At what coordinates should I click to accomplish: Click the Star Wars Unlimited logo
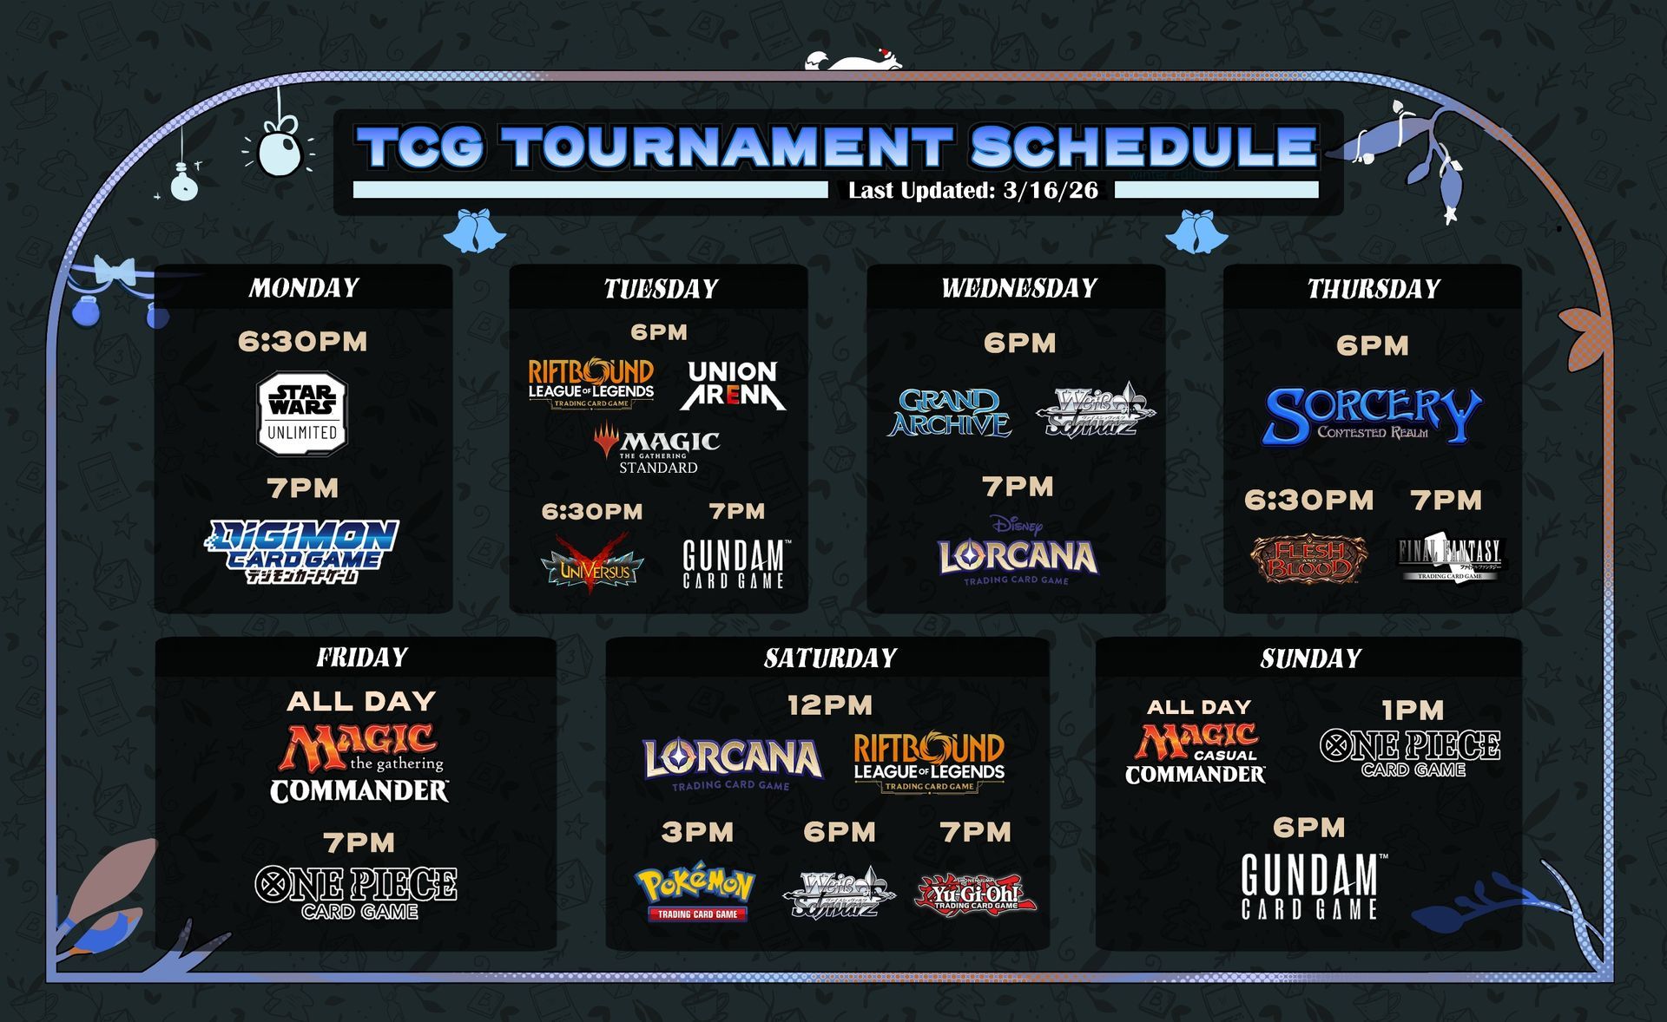tap(302, 415)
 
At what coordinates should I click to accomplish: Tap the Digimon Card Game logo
tap(302, 550)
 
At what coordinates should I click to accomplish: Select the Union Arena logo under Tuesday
tap(732, 384)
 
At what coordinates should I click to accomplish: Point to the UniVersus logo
tap(593, 564)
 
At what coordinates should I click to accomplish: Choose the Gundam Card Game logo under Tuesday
tap(735, 564)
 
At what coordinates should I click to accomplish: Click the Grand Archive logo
tap(949, 412)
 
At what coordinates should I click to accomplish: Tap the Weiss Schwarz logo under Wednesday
tap(1096, 410)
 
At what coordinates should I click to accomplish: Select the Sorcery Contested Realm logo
tap(1372, 416)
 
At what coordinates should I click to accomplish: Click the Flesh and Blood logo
tap(1308, 558)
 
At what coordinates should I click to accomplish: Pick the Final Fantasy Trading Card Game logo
tap(1449, 558)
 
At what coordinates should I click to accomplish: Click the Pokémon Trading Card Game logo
tap(696, 893)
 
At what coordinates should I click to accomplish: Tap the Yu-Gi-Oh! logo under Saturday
tap(975, 894)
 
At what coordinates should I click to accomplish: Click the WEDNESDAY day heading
tap(1018, 288)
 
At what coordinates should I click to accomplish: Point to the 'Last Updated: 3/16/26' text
tap(972, 190)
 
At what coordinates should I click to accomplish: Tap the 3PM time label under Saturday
tap(697, 833)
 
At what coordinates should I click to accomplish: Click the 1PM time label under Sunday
tap(1413, 711)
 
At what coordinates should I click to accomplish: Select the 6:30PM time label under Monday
tap(302, 342)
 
